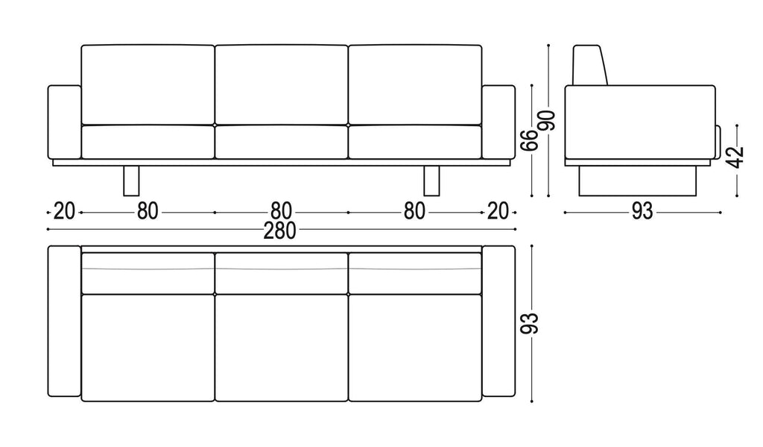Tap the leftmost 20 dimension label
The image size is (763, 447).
(x=64, y=211)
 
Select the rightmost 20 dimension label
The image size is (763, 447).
(x=497, y=211)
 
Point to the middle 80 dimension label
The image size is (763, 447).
(x=281, y=211)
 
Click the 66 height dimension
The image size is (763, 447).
(x=530, y=140)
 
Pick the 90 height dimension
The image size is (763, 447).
(x=546, y=120)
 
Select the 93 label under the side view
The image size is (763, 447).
(x=642, y=211)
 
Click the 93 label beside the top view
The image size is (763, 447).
(x=530, y=323)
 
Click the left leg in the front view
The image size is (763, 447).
(x=131, y=181)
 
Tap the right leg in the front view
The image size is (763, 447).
(x=431, y=181)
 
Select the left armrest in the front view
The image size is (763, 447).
(x=65, y=122)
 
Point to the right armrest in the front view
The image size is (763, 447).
(x=498, y=122)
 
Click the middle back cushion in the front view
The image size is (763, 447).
(x=281, y=85)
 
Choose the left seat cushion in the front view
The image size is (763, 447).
(x=148, y=142)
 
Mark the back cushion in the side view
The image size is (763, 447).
(x=590, y=66)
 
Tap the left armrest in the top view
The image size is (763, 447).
(x=64, y=321)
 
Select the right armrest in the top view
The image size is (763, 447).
(x=498, y=321)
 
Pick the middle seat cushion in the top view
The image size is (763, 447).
(x=281, y=348)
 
